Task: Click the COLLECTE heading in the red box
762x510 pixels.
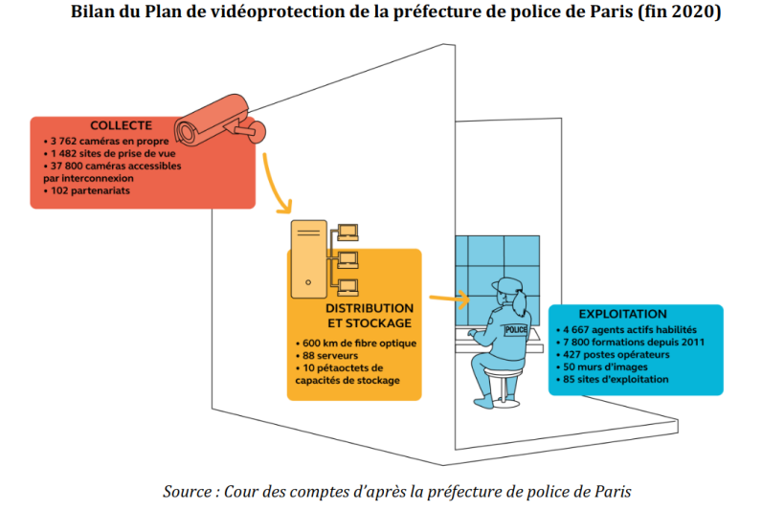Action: tap(121, 125)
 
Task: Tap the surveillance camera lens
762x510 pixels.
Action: tap(185, 132)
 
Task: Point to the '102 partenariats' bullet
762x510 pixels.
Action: tap(86, 190)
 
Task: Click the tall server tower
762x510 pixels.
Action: tap(308, 259)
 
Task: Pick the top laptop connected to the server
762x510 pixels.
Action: tap(347, 233)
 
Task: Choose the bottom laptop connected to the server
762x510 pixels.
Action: tap(347, 288)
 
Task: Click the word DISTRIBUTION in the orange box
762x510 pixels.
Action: tap(370, 308)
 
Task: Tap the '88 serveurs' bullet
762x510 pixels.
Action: tap(326, 356)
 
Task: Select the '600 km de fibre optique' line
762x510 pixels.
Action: tap(356, 343)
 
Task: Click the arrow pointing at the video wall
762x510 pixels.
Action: tap(450, 299)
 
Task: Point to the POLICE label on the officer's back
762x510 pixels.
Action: tap(516, 330)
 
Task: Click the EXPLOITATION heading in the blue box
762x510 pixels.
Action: tap(622, 314)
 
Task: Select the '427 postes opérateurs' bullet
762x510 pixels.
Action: tap(613, 355)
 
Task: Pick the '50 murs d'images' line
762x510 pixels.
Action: tap(601, 366)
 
